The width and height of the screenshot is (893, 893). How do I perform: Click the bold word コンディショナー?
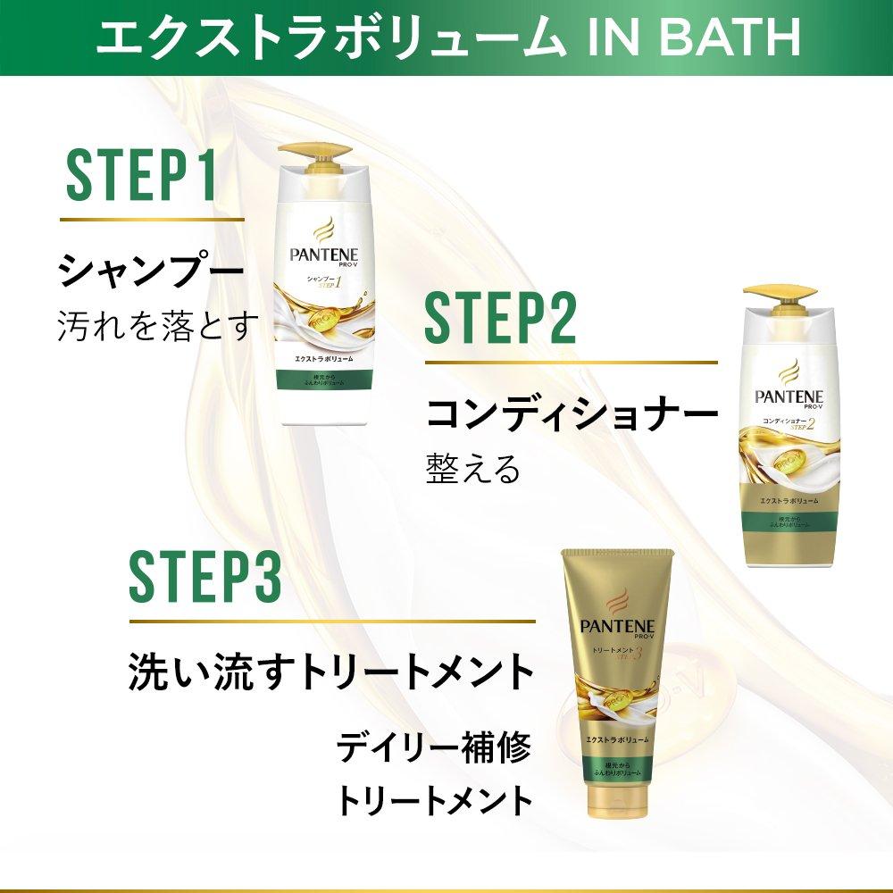tap(572, 413)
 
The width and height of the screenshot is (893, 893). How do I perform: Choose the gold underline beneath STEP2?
tap(571, 363)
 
